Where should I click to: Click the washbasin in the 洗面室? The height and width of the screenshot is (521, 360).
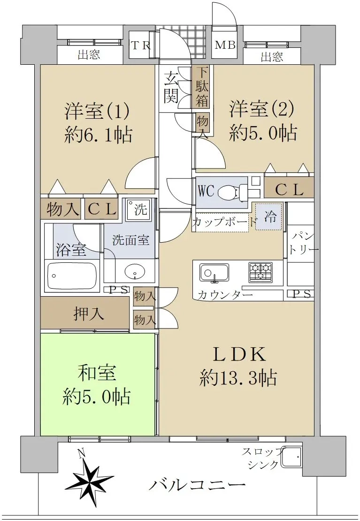pyautogui.click(x=135, y=271)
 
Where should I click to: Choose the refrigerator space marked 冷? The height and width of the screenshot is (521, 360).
pyautogui.click(x=268, y=217)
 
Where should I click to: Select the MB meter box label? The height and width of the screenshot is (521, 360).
pyautogui.click(x=225, y=45)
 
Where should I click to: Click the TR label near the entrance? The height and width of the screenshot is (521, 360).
pyautogui.click(x=141, y=46)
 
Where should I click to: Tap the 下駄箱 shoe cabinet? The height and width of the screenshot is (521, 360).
pyautogui.click(x=202, y=87)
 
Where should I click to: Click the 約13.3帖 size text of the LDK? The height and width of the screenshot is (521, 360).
pyautogui.click(x=238, y=378)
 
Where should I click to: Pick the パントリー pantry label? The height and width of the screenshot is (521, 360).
pyautogui.click(x=301, y=244)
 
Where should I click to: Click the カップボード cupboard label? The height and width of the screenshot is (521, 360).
pyautogui.click(x=225, y=222)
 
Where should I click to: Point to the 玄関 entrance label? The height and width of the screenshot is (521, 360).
pyautogui.click(x=171, y=87)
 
